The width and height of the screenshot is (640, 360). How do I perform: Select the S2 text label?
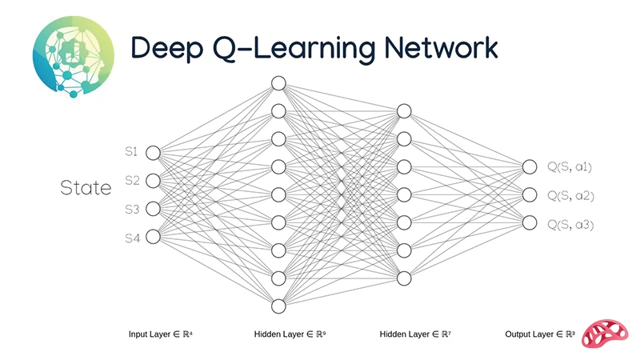pos(132,180)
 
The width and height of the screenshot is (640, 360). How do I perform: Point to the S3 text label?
pos(132,209)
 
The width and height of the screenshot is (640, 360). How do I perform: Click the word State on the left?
pos(86,189)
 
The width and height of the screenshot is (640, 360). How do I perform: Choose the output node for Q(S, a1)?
pos(529,166)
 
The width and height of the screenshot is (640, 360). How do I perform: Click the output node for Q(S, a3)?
pos(529,222)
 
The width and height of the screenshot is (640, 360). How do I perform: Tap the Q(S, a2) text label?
pos(570,195)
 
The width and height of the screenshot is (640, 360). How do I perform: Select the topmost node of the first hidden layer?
pos(278,83)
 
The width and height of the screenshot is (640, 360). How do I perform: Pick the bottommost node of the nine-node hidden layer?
pos(278,306)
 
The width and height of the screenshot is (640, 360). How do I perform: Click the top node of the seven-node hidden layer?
pos(404,111)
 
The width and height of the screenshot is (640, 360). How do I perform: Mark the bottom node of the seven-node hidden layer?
pos(404,278)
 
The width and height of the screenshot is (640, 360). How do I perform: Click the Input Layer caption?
pos(160,334)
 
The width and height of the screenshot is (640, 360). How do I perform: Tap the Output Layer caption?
pos(540,334)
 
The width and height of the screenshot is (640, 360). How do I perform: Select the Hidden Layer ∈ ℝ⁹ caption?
pos(290,334)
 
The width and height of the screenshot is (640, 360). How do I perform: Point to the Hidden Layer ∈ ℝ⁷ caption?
pos(415,334)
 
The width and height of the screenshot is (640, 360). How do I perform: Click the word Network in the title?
pos(441,48)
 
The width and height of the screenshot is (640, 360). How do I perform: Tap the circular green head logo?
pos(73,55)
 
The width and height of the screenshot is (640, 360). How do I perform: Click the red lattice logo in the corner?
pos(607,333)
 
